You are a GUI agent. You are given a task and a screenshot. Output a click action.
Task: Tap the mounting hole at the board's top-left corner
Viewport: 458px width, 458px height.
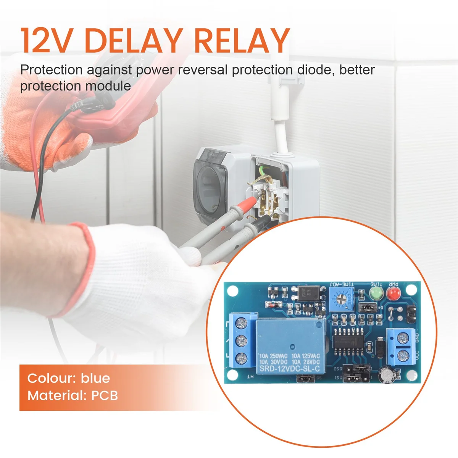click(233, 291)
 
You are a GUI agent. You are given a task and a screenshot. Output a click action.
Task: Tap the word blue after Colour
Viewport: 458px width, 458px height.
click(95, 378)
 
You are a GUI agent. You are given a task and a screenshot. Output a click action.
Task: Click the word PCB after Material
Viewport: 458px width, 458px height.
click(104, 395)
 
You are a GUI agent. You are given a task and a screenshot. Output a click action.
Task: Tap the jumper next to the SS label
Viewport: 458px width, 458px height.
click(305, 379)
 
